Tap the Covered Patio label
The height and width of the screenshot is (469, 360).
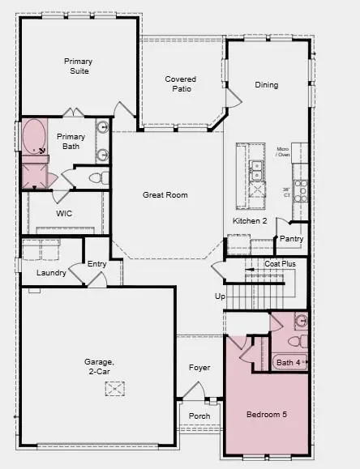[181, 84]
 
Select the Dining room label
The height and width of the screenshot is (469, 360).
[266, 85]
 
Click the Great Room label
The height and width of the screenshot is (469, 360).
[165, 195]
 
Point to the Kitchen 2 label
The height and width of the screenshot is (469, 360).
[251, 221]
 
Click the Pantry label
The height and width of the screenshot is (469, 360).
[291, 239]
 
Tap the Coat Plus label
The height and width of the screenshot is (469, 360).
[280, 264]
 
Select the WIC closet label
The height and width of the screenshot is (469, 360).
[65, 214]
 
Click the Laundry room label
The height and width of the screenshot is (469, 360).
[51, 273]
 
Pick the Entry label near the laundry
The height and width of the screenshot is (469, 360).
[96, 263]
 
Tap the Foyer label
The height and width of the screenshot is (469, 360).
[199, 368]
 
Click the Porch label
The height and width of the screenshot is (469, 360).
[199, 416]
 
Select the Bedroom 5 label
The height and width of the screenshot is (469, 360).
[268, 415]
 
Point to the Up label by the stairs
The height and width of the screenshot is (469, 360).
[220, 296]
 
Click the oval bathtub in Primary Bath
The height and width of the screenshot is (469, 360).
[35, 138]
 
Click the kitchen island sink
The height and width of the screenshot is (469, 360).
[256, 169]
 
